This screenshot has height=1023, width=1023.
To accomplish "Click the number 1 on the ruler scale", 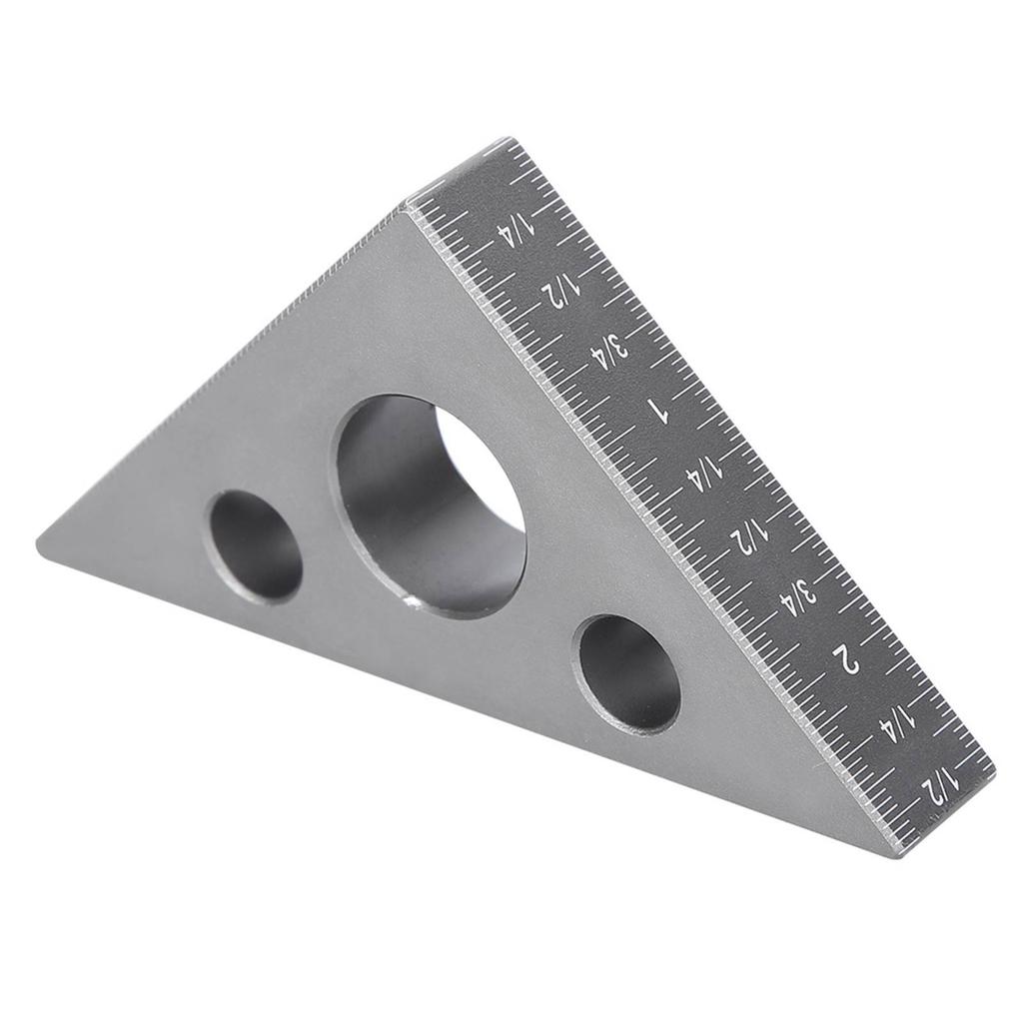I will [656, 408].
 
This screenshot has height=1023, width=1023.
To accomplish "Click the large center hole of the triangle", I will [430, 505].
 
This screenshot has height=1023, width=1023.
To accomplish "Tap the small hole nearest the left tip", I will [254, 545].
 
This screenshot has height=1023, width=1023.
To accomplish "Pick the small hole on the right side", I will [626, 672].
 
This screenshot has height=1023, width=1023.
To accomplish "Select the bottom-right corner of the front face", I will [896, 854].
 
